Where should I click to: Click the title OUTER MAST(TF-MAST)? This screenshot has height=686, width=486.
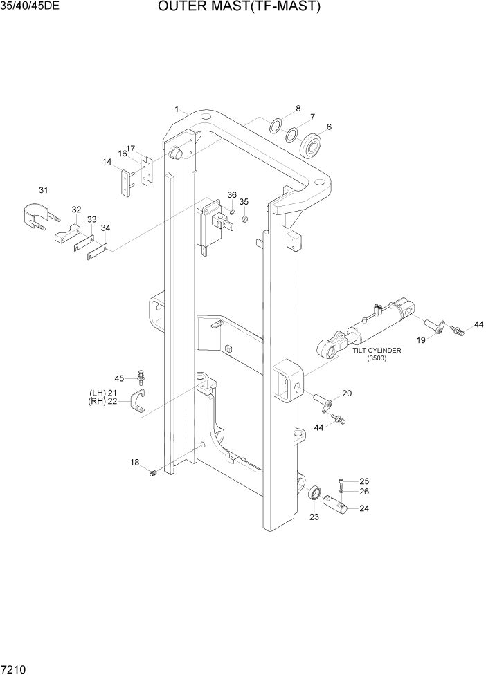coord(239,8)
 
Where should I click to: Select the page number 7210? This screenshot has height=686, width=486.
coord(15,671)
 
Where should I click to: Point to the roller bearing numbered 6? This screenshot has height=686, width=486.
coord(314,145)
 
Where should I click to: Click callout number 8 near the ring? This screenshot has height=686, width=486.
coord(298,109)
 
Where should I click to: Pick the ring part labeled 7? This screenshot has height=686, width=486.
coord(292,135)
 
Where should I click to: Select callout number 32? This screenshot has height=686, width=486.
coord(76,210)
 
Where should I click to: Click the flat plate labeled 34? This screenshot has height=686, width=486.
coord(97,250)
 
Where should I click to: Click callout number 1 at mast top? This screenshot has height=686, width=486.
coord(177,109)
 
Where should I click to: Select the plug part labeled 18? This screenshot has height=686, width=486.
coord(154,473)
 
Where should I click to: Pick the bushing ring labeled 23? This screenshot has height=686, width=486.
coord(314,494)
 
